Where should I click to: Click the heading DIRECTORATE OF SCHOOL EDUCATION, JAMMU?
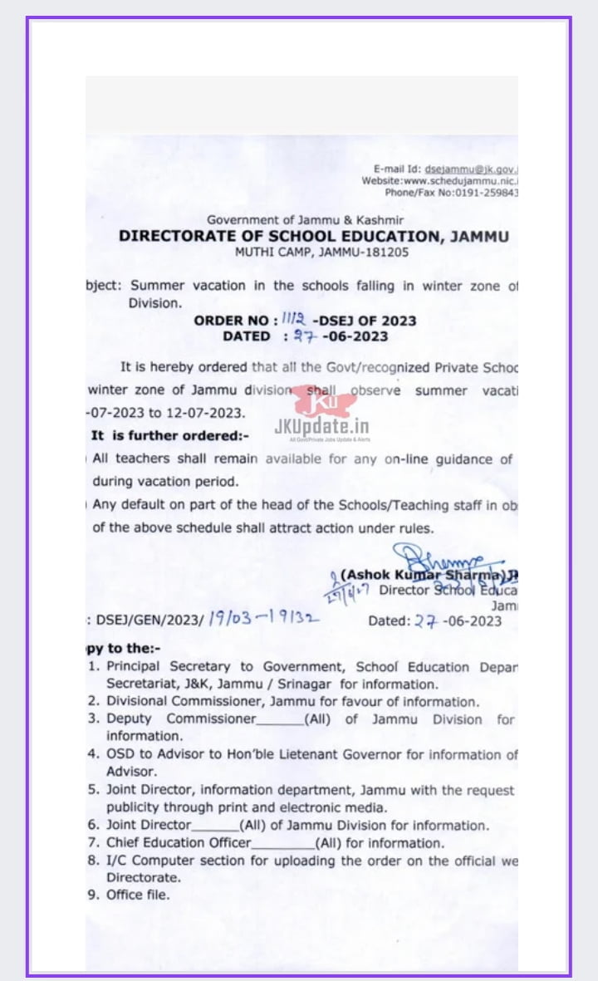(314, 236)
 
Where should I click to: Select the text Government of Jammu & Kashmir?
(306, 220)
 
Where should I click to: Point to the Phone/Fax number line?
(451, 193)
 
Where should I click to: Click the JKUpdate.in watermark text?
(321, 427)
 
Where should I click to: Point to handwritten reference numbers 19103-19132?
(262, 619)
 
